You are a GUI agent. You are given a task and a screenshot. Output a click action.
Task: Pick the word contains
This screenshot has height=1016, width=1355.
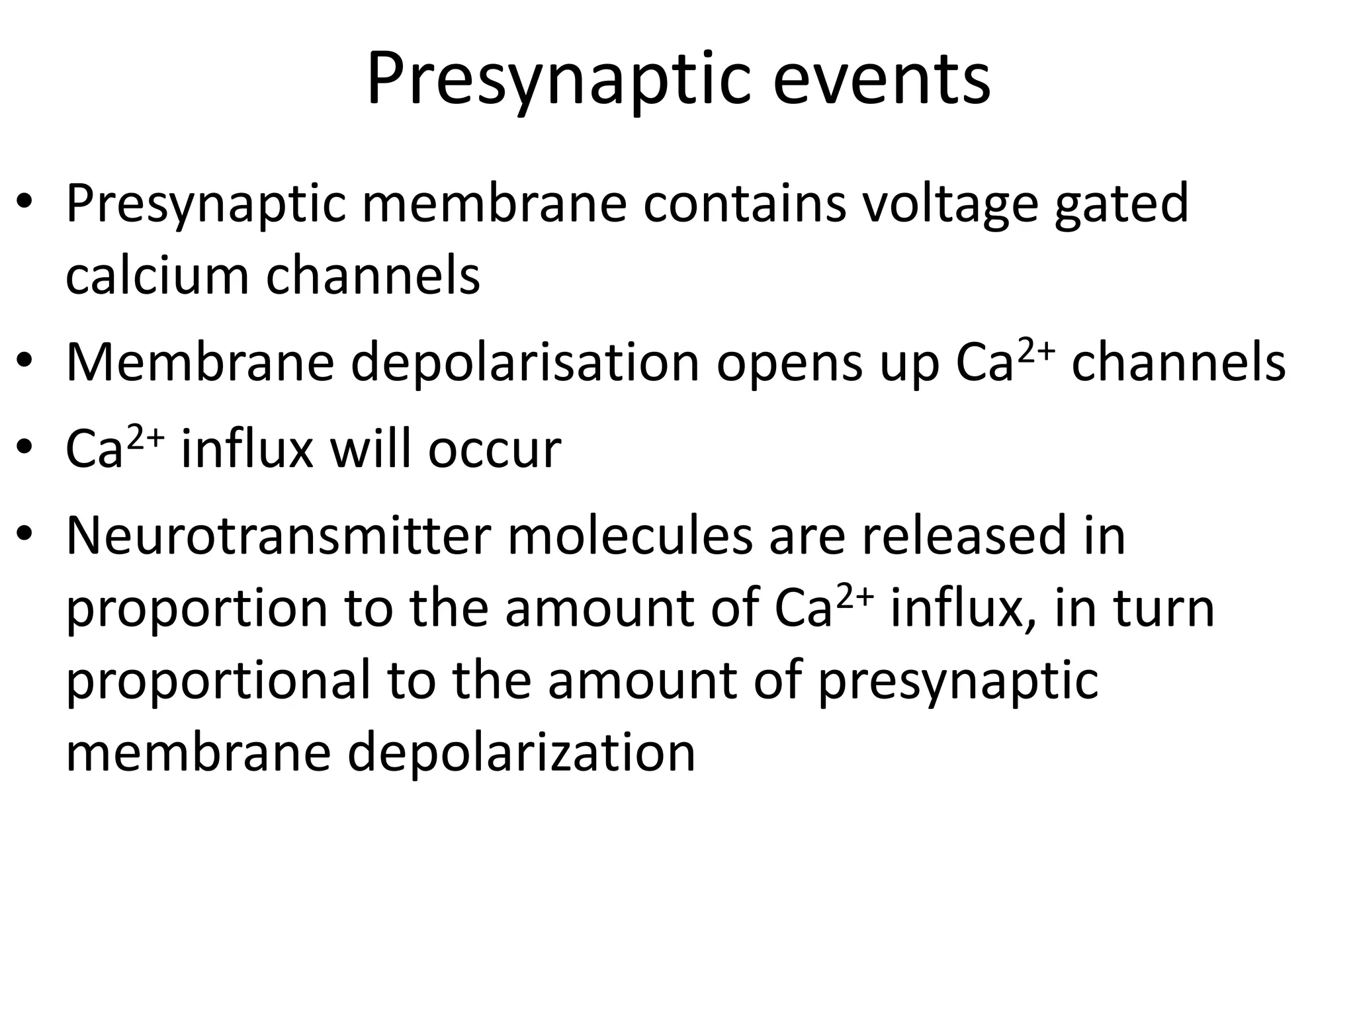point(744,204)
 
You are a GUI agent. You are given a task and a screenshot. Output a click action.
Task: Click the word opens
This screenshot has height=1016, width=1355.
point(789,363)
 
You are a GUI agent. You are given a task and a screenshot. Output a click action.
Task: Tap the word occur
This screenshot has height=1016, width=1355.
point(494,450)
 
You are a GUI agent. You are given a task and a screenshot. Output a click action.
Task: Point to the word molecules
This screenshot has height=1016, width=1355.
point(630,536)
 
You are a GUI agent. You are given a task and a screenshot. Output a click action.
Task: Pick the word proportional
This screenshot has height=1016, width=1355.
point(218,681)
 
